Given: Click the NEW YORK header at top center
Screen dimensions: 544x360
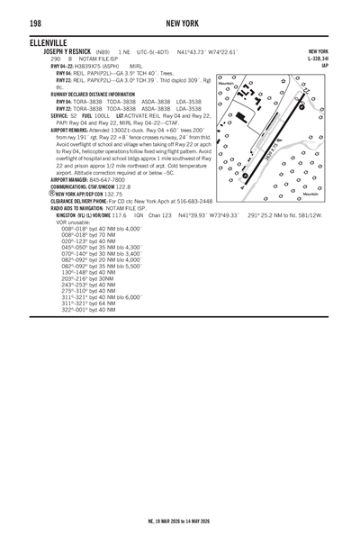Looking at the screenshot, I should point(180,22).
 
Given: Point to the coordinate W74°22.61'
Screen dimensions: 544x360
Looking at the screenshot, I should point(220,51).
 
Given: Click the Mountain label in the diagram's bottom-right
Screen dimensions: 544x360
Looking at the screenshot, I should point(310,194).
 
